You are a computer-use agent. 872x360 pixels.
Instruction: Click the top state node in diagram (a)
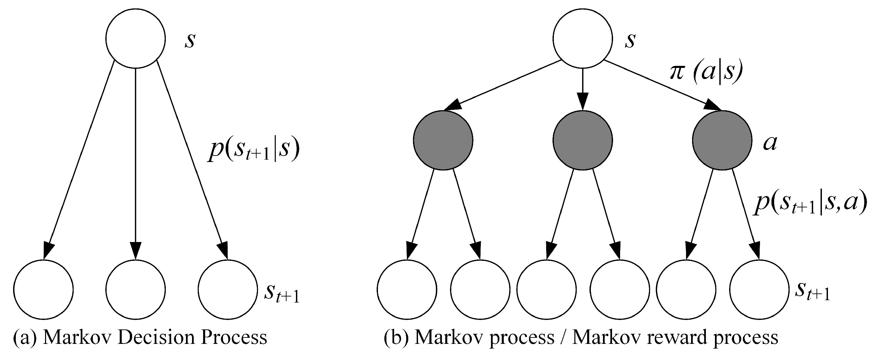tap(136, 38)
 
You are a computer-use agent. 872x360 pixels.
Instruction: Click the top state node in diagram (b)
tap(582, 38)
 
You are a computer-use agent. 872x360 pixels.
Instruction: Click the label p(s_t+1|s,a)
tap(809, 204)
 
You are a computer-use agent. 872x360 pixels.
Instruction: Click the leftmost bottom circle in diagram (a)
tap(43, 290)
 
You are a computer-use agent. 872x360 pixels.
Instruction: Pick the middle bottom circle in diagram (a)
tap(136, 290)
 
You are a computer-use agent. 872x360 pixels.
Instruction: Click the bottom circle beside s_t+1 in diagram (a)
tap(228, 290)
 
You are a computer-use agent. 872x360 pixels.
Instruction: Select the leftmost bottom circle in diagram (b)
tap(407, 290)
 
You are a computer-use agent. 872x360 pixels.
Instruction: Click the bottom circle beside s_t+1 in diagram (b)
tap(759, 290)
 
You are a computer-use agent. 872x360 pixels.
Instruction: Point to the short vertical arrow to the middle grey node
tap(582, 90)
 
